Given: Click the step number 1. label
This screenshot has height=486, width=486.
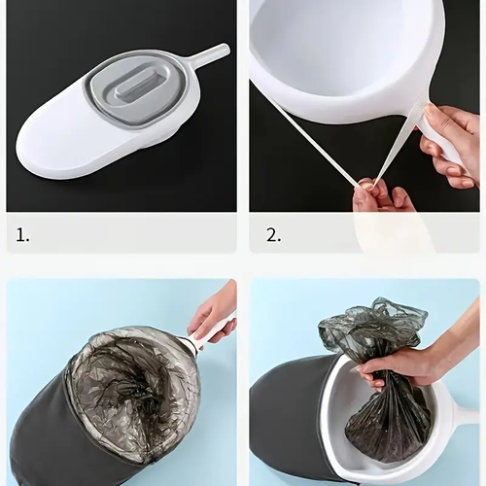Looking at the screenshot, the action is click(x=22, y=235).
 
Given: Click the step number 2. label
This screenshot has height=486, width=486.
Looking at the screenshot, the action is click(x=274, y=235).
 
